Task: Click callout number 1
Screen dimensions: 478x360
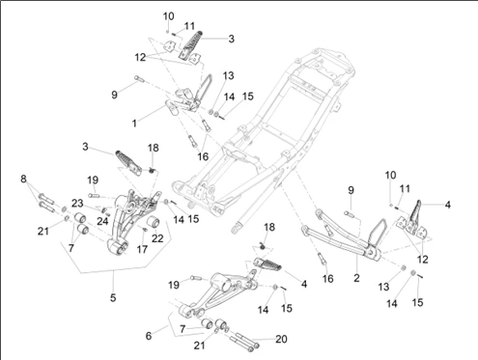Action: (x=134, y=124)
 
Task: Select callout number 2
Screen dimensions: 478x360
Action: (x=356, y=278)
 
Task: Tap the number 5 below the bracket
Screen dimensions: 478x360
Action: (x=113, y=297)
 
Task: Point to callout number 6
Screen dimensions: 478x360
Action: (x=149, y=336)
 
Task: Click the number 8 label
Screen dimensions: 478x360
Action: (x=23, y=179)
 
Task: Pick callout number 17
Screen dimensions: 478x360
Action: (x=142, y=249)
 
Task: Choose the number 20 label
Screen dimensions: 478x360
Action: (x=281, y=339)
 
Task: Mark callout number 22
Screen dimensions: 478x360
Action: (x=157, y=238)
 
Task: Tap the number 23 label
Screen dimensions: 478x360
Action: (x=77, y=204)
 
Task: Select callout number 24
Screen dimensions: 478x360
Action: (x=102, y=221)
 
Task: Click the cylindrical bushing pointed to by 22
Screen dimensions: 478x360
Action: (x=154, y=223)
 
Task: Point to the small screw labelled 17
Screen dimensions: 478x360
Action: (x=145, y=230)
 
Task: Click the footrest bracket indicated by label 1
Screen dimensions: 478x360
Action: (x=183, y=99)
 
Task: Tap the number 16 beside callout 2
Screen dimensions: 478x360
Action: (x=328, y=279)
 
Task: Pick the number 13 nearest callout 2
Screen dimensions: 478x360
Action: (x=383, y=287)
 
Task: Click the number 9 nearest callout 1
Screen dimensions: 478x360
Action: (x=114, y=95)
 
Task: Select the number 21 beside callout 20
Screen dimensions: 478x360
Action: (x=199, y=346)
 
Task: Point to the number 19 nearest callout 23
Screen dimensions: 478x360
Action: (x=93, y=180)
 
